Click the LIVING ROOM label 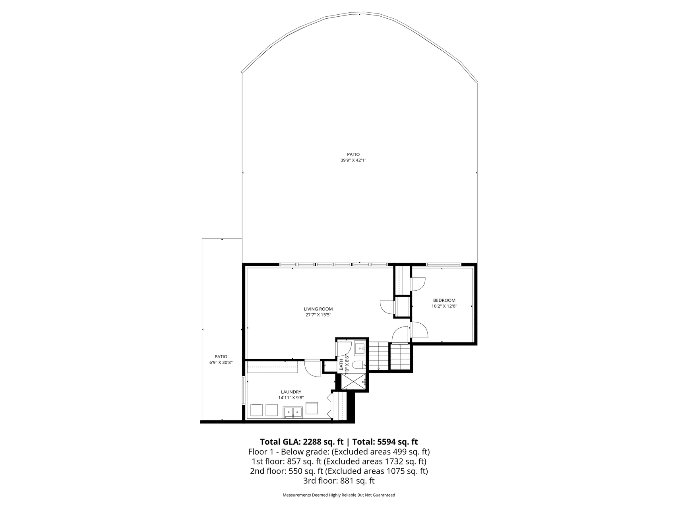point(318,309)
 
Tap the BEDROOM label point(444,300)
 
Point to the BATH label point(341,365)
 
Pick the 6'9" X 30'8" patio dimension point(221,362)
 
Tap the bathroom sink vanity point(361,349)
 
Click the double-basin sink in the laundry point(293,412)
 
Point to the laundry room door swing point(312,367)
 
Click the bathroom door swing point(342,349)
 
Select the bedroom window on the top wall point(444,264)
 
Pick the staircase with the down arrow point(379,356)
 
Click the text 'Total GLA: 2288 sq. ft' point(302,441)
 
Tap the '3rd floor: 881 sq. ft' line point(339,481)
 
